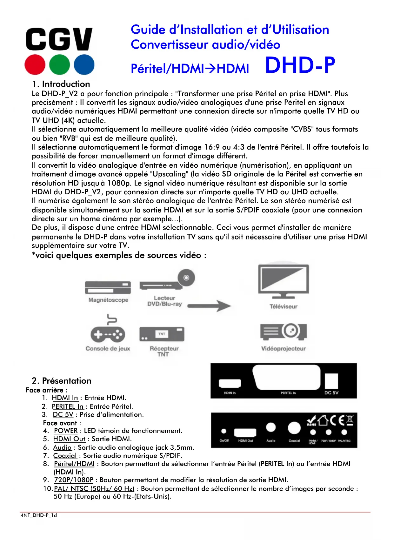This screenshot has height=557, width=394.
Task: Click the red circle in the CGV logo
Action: click(35, 64)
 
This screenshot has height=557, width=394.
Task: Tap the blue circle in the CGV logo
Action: click(84, 64)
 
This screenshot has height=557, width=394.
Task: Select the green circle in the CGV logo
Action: click(59, 64)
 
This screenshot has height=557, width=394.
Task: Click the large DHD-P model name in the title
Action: click(300, 65)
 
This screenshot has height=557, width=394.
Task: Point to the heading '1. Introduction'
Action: click(61, 84)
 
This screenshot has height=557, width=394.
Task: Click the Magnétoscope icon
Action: click(108, 288)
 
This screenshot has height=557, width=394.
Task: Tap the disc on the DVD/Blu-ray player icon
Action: click(186, 278)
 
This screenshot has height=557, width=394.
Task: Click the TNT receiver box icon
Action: click(162, 334)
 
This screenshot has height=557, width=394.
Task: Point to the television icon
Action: click(284, 281)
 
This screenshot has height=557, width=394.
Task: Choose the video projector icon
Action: click(284, 332)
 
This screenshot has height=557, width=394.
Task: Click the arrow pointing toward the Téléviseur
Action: click(209, 306)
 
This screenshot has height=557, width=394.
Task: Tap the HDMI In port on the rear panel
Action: click(230, 383)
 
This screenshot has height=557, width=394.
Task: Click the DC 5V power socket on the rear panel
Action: click(331, 381)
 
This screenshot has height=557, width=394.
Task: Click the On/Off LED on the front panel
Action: click(224, 431)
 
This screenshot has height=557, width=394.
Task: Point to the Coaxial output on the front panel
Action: click(294, 428)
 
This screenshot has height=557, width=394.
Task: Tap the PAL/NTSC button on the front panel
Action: click(344, 432)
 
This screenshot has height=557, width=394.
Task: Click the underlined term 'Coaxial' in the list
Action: click(65, 456)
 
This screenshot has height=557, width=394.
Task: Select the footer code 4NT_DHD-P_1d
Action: click(39, 515)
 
